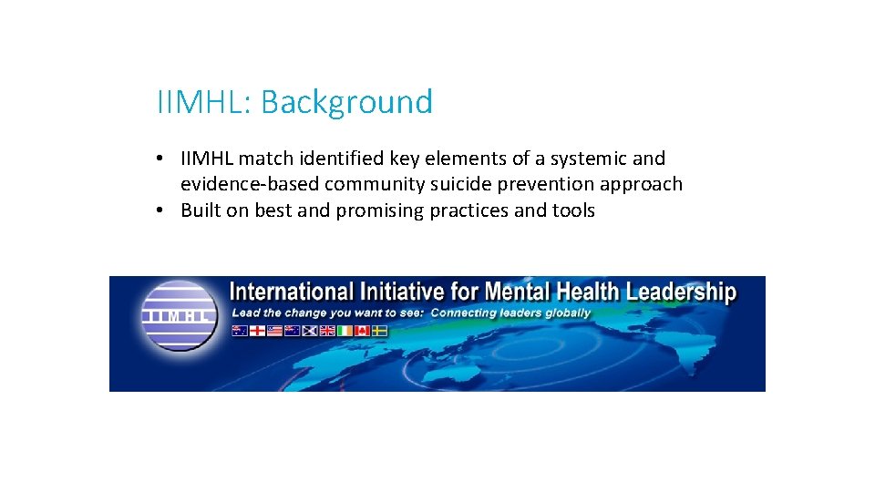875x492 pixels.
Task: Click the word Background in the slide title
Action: pos(346,102)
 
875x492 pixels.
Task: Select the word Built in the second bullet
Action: pos(199,210)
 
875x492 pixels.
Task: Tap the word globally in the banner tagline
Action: pos(565,313)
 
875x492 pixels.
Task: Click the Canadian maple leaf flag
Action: pos(362,331)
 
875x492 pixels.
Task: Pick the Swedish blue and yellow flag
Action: pos(379,331)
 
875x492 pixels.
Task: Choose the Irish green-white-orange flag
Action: pos(345,331)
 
